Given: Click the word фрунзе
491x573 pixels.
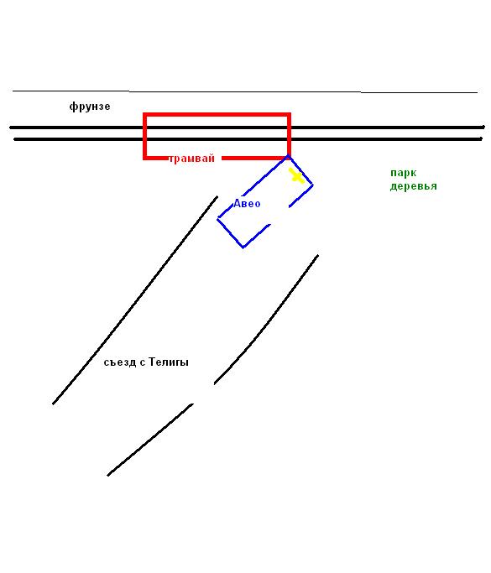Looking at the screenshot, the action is tap(90, 107).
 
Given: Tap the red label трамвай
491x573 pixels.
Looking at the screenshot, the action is tap(191, 159).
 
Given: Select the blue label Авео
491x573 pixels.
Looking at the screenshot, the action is tap(247, 203).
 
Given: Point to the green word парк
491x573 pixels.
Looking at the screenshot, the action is tap(403, 173).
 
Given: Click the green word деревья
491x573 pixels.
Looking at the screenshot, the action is tap(414, 186).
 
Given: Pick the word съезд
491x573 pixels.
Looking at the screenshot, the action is tap(120, 362).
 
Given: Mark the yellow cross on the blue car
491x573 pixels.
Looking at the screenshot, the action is tap(296, 176).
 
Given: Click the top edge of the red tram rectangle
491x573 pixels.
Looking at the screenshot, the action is tap(217, 115).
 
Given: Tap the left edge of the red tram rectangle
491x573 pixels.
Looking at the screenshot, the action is tap(144, 136).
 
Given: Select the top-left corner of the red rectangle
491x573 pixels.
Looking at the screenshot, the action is tap(144, 114).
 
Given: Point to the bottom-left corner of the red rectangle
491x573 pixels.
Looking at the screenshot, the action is tap(144, 159).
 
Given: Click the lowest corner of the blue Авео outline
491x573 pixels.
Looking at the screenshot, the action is tap(243, 247).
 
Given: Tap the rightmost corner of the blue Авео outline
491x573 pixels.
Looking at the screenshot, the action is tap(312, 185).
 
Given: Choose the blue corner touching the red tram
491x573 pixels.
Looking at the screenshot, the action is tap(288, 156).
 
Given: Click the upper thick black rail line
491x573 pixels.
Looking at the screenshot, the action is tap(247, 128).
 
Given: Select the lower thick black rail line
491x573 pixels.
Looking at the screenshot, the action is tap(248, 139).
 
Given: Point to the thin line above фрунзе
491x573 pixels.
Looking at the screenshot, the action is tap(245, 91).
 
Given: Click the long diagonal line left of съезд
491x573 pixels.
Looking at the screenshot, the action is tap(135, 300).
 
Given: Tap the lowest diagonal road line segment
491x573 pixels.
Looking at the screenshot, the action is tap(150, 440).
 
